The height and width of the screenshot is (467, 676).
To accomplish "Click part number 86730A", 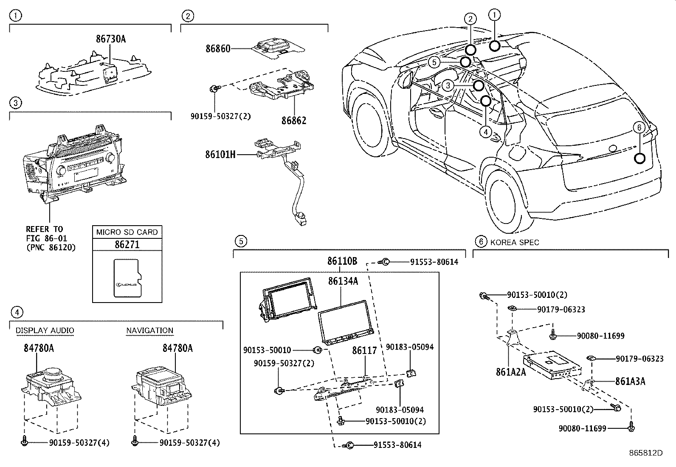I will pos(110,40).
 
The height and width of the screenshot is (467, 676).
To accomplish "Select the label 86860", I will pos(218,48).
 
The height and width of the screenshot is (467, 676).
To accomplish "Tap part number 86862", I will pos(293,120).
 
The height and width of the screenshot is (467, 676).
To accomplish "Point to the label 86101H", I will pos(220,155).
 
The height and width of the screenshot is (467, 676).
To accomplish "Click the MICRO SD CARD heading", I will pos(127,232).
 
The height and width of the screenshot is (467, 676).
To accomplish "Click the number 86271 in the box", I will pos(127,245).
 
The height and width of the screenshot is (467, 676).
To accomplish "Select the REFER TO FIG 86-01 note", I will pos(50,238).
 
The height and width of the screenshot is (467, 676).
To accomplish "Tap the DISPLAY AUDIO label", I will pos(45,331).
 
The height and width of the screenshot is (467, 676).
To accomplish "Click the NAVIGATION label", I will pos(149,331).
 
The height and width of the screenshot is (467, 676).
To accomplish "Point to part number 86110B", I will pos(342,261).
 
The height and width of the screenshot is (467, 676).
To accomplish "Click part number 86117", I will pos(364,351).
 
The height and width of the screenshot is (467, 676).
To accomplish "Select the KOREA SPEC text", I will pos(514,242).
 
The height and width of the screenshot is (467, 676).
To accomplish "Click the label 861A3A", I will pos(630,381).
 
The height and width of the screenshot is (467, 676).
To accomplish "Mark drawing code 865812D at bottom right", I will pos(646,453).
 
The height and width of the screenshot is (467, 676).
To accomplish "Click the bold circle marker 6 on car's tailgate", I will pos(639,158).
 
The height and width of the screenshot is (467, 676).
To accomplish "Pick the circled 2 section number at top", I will pos(187,16).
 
